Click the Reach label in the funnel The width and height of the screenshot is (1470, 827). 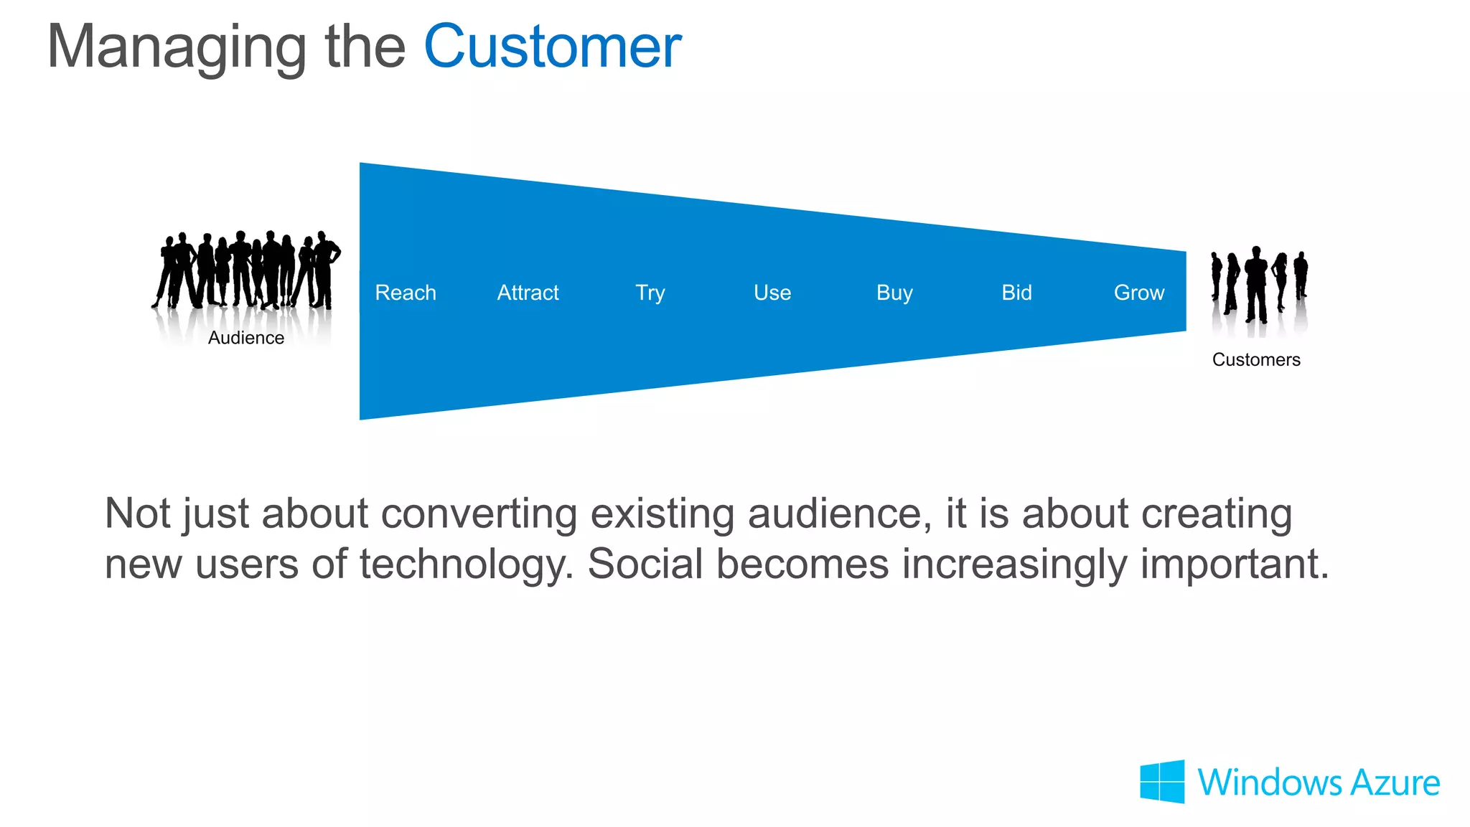click(406, 293)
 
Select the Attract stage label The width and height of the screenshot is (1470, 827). click(528, 293)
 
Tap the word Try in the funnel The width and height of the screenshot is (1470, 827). click(650, 293)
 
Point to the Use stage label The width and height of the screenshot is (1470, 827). click(772, 293)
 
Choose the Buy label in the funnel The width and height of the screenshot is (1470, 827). click(894, 293)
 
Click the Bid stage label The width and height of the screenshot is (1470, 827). click(1016, 293)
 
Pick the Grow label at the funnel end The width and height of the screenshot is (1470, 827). click(1139, 293)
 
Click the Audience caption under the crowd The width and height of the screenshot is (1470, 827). click(246, 338)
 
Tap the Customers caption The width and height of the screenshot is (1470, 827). click(1256, 359)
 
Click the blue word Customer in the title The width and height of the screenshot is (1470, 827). click(552, 47)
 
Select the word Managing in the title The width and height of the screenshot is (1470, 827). click(177, 47)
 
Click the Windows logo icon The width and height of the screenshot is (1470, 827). click(1162, 781)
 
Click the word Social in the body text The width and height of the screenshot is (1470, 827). click(645, 564)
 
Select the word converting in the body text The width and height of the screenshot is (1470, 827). click(479, 514)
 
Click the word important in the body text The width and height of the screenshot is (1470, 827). click(1234, 564)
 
